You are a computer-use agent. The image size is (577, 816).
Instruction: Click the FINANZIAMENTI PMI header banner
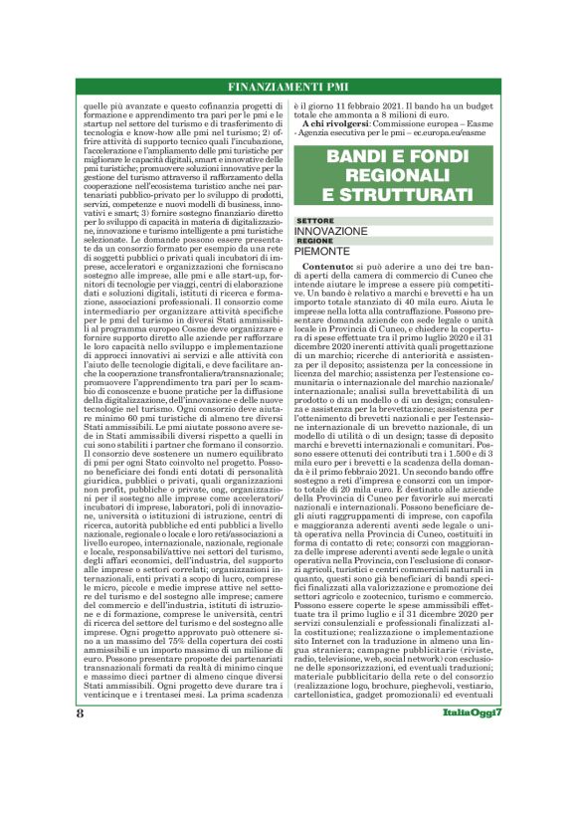[x=288, y=87]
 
